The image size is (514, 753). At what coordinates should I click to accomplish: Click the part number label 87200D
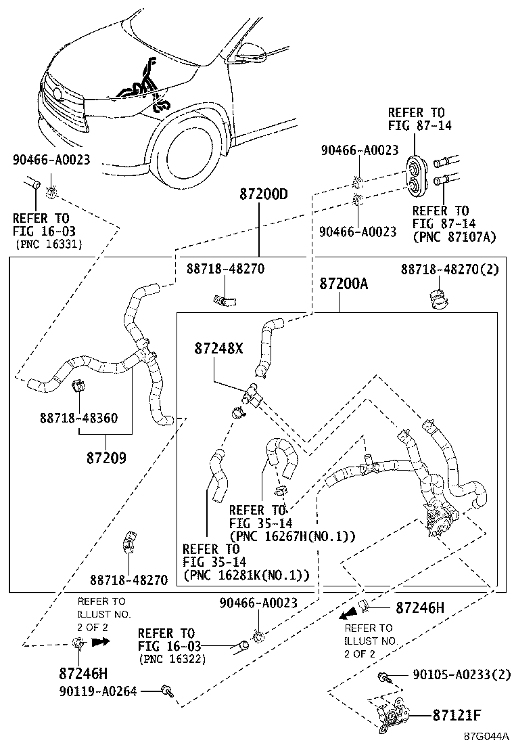[263, 194]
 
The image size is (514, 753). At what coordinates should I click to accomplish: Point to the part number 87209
[107, 457]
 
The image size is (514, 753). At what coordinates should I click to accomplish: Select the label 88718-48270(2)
[449, 269]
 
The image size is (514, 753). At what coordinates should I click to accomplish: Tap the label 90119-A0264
[99, 691]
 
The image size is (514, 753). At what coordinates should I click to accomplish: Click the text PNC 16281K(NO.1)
[247, 575]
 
